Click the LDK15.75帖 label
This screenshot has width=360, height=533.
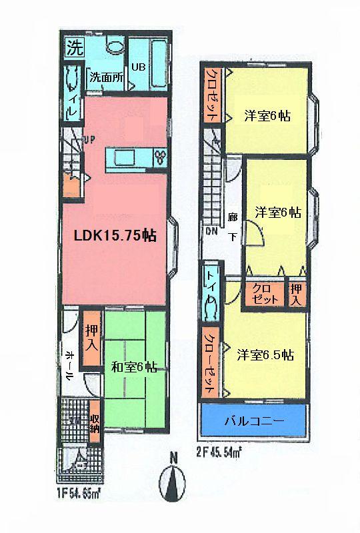pos(114,236)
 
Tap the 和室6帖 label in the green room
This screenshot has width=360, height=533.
pos(134,366)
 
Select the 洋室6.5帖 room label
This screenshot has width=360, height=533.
pos(265,355)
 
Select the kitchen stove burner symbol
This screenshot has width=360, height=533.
pos(160,157)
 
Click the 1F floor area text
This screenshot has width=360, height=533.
pos(79,494)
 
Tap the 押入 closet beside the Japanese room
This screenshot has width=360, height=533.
pos(92,338)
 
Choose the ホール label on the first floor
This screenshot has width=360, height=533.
pos(69,366)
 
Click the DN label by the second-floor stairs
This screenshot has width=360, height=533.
pos(211,232)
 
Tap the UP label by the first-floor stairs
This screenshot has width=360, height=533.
pos(88,139)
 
